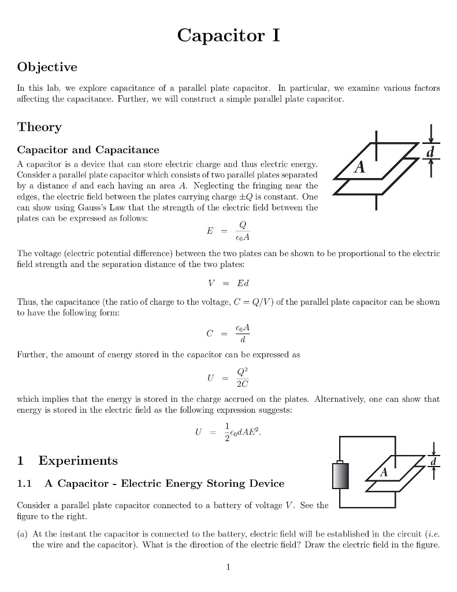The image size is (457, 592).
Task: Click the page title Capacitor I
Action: (228, 35)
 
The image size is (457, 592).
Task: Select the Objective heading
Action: (47, 67)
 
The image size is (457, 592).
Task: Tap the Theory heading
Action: (39, 127)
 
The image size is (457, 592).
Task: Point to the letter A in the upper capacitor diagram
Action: (360, 167)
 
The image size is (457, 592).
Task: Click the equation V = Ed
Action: (228, 283)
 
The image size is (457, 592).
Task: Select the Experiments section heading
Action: (77, 461)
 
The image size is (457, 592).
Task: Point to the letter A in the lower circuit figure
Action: (382, 472)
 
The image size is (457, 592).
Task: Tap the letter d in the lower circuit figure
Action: (434, 461)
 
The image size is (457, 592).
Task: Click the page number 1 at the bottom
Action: (228, 567)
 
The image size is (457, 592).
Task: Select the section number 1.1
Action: (25, 483)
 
